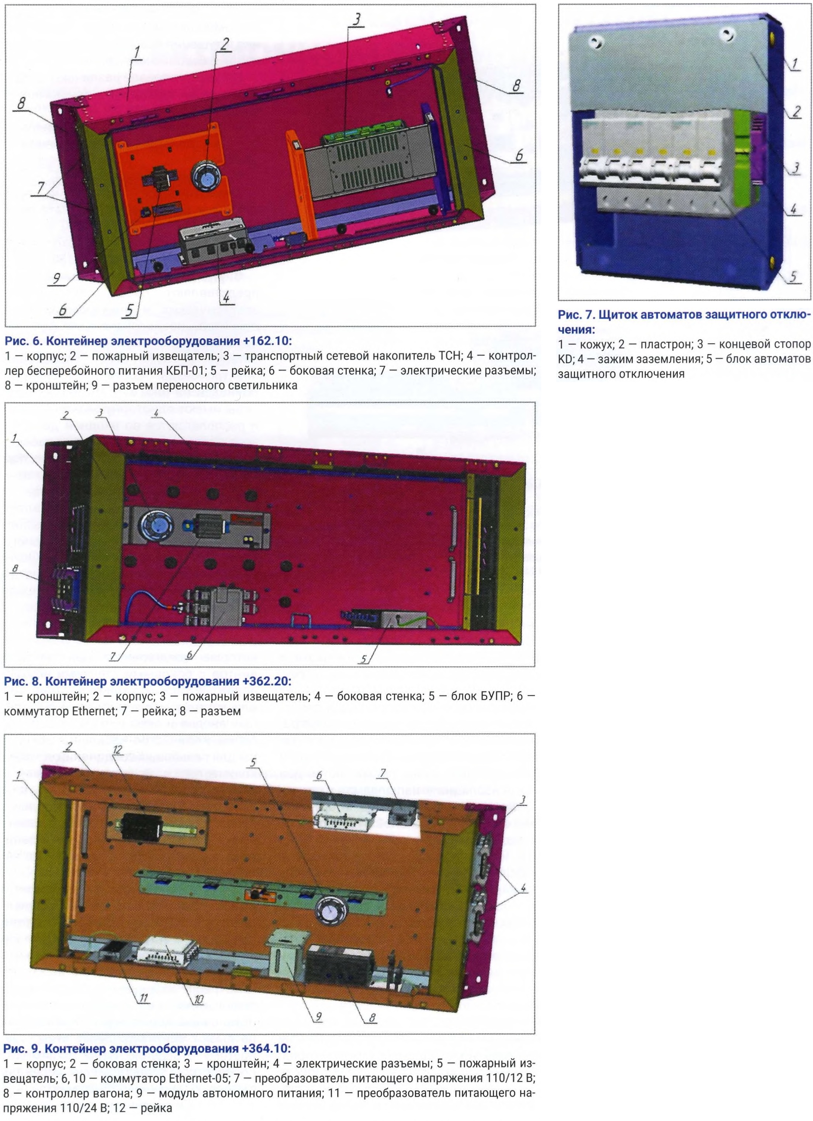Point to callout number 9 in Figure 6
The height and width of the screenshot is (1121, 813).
click(x=57, y=279)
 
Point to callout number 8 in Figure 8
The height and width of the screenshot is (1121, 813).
click(x=16, y=569)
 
